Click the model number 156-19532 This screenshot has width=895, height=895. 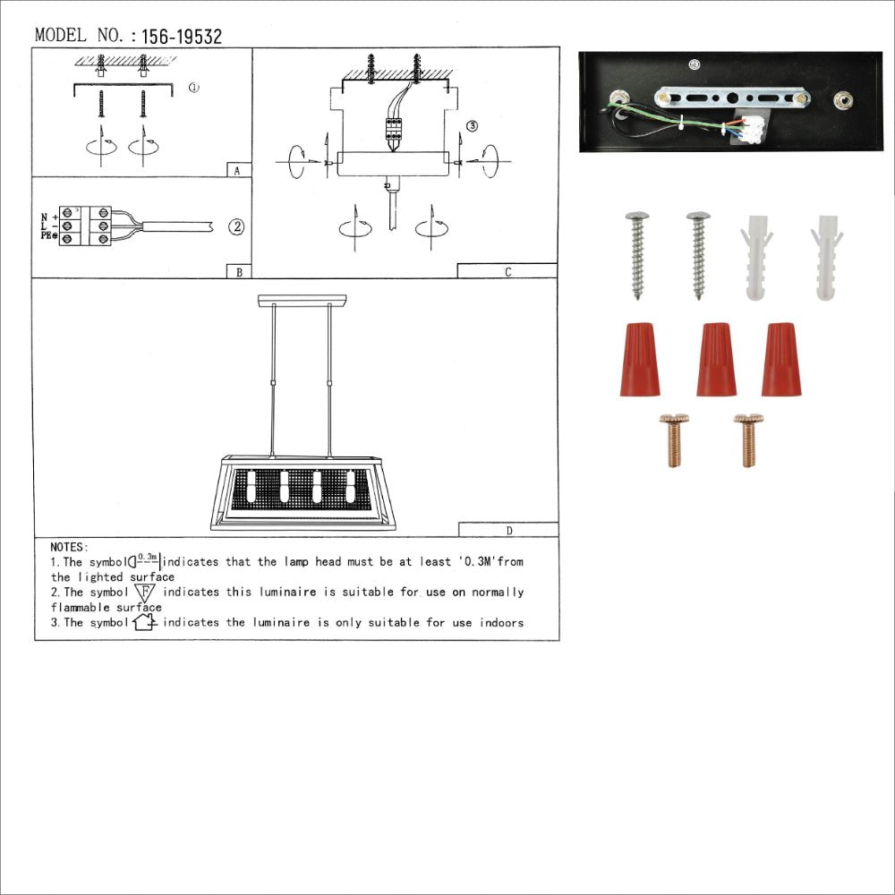pos(182,37)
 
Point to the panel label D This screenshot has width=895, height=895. pos(508,530)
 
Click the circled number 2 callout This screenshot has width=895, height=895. pos(235,226)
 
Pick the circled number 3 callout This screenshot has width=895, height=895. pos(473,125)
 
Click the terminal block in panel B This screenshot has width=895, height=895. pos(85,226)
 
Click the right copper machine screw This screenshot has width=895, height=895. pos(747,440)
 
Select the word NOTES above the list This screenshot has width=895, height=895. pos(69,547)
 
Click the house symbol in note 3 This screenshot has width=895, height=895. pos(144,622)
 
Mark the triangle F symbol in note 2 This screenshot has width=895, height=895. pos(144,592)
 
